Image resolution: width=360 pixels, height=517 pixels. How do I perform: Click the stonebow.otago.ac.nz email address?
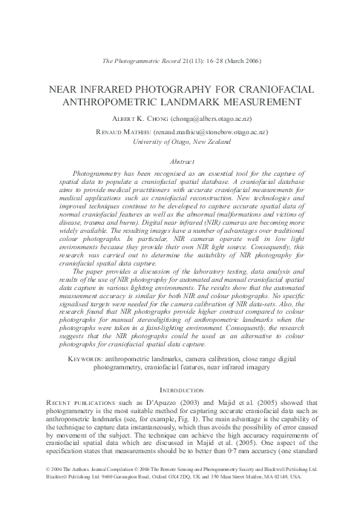[215, 130]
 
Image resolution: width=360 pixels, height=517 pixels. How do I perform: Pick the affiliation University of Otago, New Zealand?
[180, 140]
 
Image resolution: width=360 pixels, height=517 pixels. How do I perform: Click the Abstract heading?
[180, 160]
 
